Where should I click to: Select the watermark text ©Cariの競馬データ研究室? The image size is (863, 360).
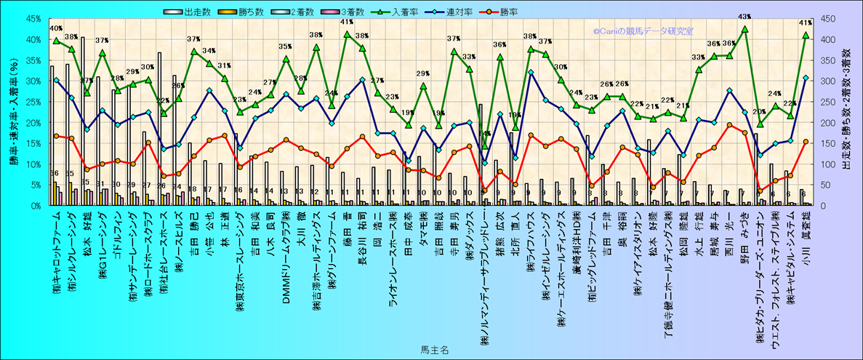(643, 31)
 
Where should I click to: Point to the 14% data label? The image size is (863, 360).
(486, 134)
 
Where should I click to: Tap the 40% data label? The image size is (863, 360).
(55, 28)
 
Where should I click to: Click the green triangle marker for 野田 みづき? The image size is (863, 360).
(744, 28)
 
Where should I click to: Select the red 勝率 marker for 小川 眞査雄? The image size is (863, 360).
(806, 142)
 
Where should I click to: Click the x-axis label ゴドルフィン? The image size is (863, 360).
(117, 233)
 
